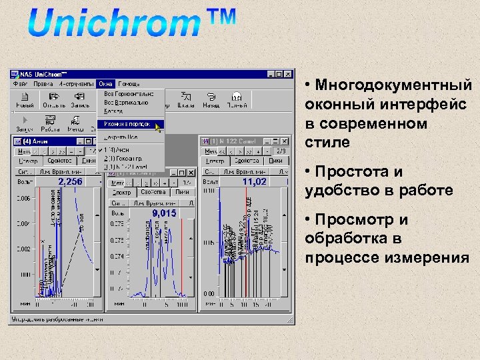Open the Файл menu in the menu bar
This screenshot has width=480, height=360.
tap(20, 84)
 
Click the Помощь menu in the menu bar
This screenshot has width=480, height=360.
tap(129, 84)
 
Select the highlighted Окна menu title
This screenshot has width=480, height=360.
tap(105, 84)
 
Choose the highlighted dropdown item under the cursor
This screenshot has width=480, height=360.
tap(127, 124)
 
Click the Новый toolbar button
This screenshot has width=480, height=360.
tap(25, 100)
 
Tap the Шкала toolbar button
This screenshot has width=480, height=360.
tap(187, 100)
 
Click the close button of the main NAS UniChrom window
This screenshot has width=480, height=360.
tap(288, 74)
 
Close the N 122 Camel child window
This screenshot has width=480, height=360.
tap(285, 141)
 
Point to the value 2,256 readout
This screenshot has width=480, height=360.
tap(70, 181)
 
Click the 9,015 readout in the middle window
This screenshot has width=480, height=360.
tap(164, 213)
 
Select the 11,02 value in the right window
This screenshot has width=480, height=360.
tap(254, 181)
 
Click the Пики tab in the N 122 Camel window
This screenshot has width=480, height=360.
tap(275, 161)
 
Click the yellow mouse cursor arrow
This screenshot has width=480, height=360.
tap(158, 126)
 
